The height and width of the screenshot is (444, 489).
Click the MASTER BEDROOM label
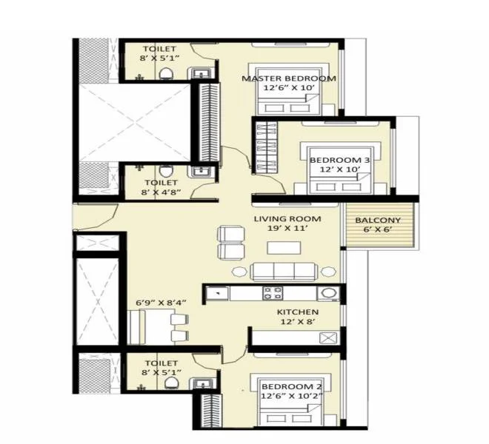point(289,78)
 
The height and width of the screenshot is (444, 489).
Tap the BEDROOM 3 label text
point(339,161)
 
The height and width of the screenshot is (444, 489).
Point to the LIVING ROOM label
point(287,219)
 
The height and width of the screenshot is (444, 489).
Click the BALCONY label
point(378,221)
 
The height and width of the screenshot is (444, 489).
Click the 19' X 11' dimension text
point(287,230)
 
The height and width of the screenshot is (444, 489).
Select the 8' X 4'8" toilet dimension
point(161,192)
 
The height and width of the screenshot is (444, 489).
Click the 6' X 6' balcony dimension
point(378,232)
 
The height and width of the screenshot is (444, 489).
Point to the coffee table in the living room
point(279,248)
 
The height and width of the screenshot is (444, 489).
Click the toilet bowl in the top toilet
point(168,72)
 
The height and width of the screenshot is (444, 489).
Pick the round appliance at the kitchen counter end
point(333,293)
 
